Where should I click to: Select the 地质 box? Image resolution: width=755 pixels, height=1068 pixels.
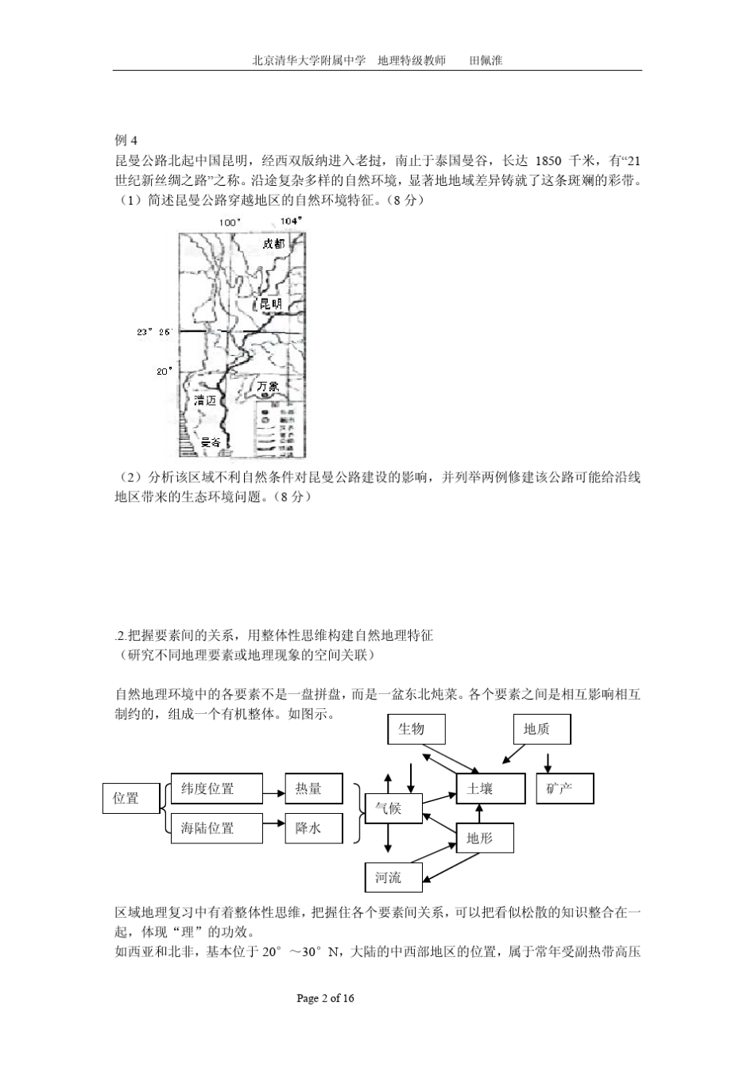[x=541, y=729]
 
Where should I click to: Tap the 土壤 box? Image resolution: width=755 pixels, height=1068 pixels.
[x=490, y=788]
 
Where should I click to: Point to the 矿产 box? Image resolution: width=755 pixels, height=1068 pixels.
[x=564, y=788]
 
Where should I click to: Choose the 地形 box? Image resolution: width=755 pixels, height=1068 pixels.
[x=485, y=838]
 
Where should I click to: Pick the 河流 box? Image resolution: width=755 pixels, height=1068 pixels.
[x=393, y=877]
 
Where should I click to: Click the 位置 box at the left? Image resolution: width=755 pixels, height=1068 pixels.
[x=131, y=798]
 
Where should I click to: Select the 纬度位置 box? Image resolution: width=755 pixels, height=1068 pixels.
[x=216, y=788]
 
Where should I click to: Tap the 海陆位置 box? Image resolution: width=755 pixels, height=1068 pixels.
[x=216, y=828]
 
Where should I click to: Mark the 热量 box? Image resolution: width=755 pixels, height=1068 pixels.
[x=314, y=788]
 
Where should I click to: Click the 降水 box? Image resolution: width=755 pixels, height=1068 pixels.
[x=314, y=828]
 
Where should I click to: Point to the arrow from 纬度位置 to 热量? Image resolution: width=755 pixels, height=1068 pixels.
[x=273, y=789]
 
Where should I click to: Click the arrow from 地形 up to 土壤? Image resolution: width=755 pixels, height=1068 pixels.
[x=478, y=812]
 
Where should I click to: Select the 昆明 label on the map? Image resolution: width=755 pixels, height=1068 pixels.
[x=270, y=304]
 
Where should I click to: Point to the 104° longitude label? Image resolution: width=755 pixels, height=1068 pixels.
[x=292, y=222]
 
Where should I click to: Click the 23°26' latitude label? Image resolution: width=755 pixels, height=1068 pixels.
[x=153, y=332]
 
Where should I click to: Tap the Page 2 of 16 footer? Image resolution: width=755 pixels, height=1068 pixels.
[x=325, y=998]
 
